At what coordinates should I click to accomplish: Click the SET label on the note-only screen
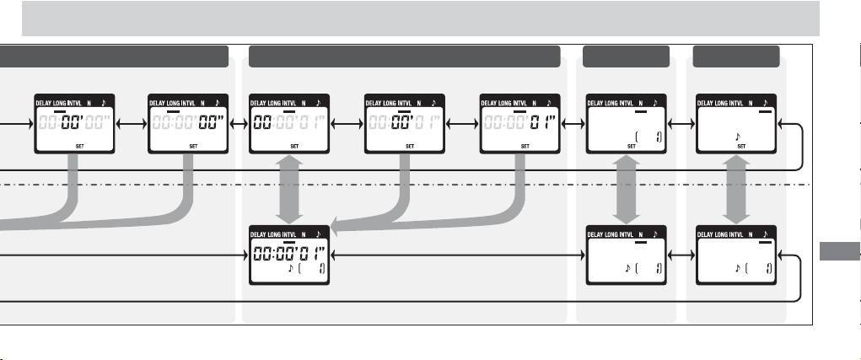[x=742, y=145]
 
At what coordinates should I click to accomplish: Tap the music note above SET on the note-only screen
[x=739, y=134]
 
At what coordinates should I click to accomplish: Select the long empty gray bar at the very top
[x=421, y=18]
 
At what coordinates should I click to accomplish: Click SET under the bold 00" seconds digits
[x=194, y=145]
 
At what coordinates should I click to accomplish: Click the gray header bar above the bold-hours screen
[x=405, y=57]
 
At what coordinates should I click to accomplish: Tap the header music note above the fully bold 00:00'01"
[x=318, y=234]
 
